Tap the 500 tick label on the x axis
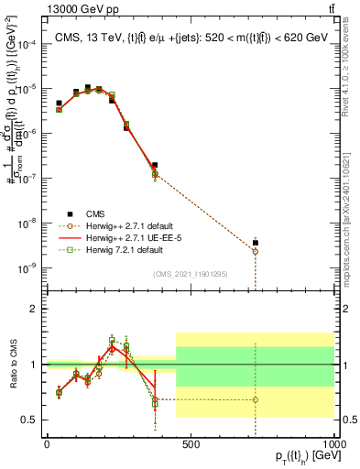(191, 444)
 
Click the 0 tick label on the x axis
(47, 444)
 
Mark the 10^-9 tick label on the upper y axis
(27, 268)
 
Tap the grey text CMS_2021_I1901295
(190, 275)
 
